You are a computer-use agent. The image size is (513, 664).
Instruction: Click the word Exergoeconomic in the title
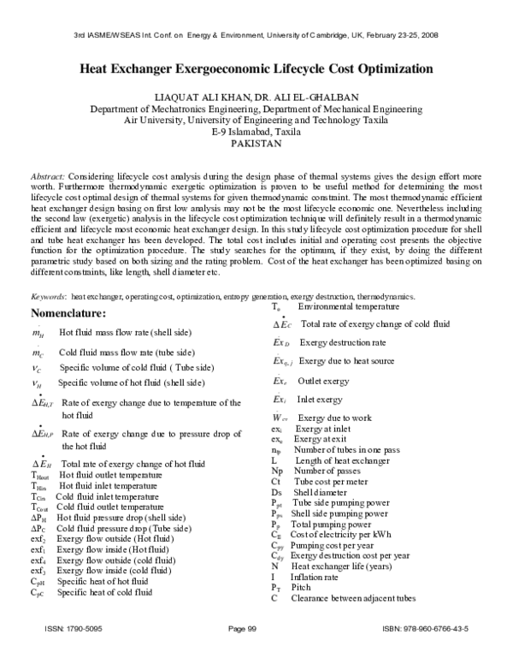[x=221, y=68]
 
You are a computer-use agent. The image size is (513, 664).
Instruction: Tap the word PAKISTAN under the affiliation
[x=256, y=144]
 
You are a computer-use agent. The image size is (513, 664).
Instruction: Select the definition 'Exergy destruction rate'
[x=344, y=342]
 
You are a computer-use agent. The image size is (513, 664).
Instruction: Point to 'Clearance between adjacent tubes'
[x=355, y=598]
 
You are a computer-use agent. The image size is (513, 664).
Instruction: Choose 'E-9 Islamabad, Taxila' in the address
[x=256, y=132]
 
